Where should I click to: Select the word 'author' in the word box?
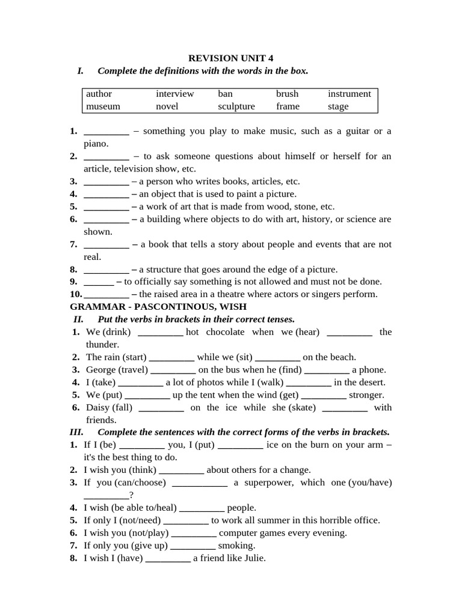pyautogui.click(x=99, y=94)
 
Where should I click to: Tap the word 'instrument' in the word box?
pyautogui.click(x=349, y=94)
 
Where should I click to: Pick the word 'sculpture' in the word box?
pyautogui.click(x=236, y=106)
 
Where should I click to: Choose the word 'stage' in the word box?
pyautogui.click(x=338, y=106)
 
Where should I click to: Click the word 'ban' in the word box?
pyautogui.click(x=225, y=94)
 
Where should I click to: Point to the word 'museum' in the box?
pyautogui.click(x=103, y=106)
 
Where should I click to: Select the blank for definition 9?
pyautogui.click(x=99, y=282)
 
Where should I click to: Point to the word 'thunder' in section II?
pyautogui.click(x=102, y=345)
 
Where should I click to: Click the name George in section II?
pyautogui.click(x=100, y=370)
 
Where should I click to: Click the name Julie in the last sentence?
pyautogui.click(x=252, y=558)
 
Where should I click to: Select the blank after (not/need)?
pyautogui.click(x=186, y=520)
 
